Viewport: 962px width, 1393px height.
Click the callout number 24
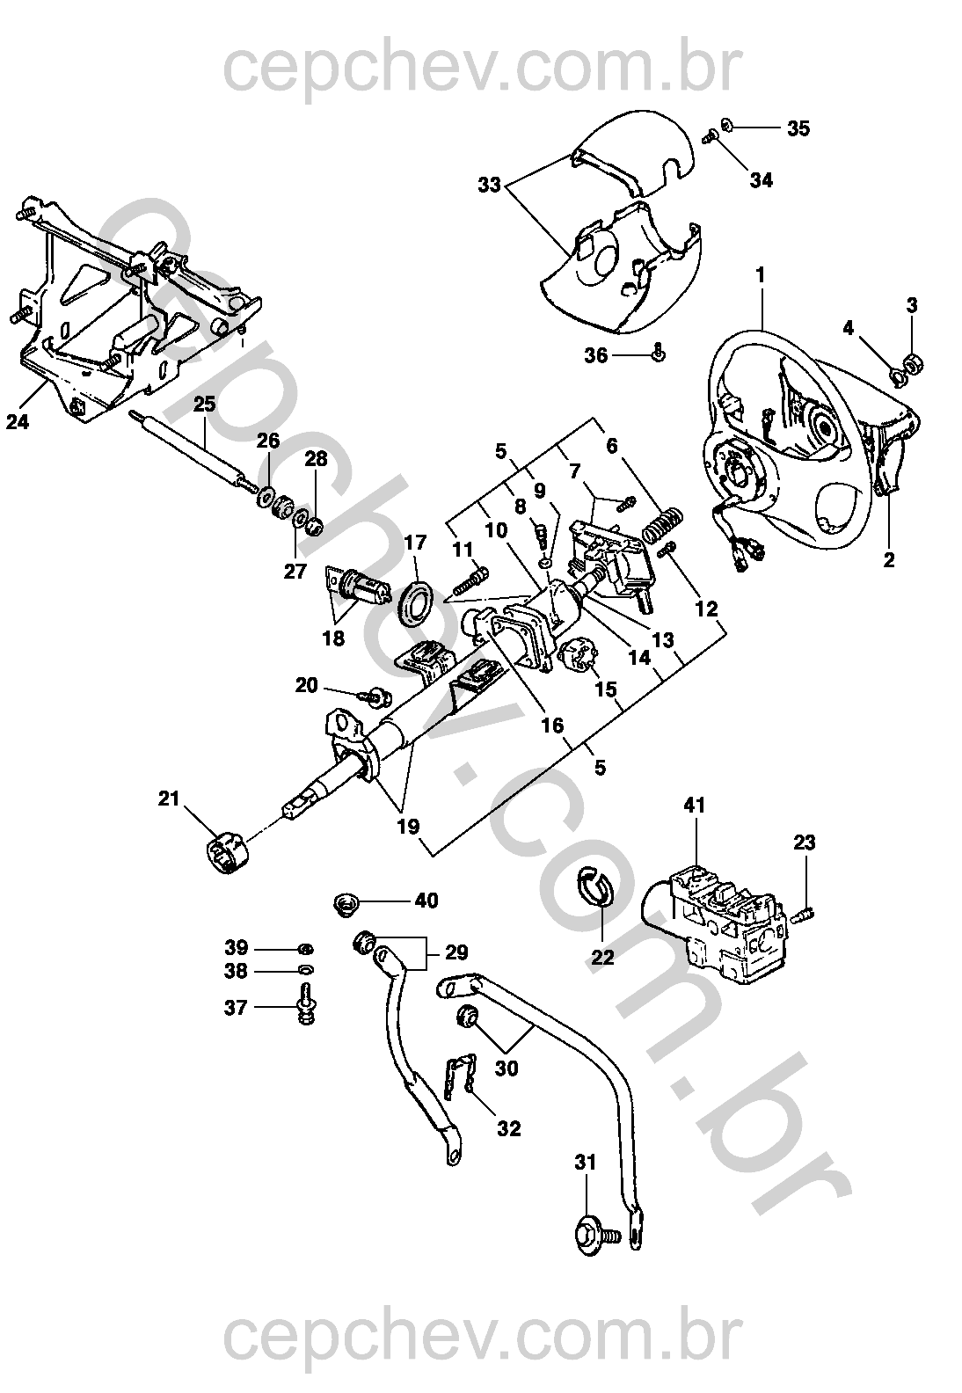coord(17,422)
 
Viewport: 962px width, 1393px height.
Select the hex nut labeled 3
coord(913,361)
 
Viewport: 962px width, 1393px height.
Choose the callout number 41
coord(695,805)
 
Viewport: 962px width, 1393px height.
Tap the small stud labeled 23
coord(805,914)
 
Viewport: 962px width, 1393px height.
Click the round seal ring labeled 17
coord(416,602)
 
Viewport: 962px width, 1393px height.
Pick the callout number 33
coord(490,186)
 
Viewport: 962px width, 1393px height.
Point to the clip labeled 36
coord(658,354)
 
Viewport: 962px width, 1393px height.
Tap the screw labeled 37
coord(306,1005)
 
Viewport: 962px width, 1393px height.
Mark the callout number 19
coord(408,827)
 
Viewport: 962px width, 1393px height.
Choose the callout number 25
coord(204,405)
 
